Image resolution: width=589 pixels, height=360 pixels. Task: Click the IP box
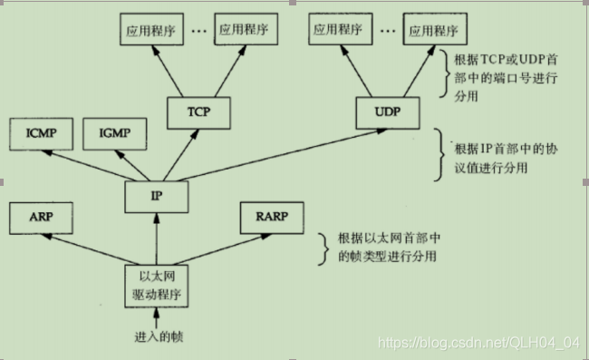coord(156,193)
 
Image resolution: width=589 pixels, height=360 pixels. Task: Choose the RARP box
coord(272,219)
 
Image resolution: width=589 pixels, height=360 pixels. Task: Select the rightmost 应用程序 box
coord(430,29)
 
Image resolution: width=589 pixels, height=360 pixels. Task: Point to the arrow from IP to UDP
coord(272,154)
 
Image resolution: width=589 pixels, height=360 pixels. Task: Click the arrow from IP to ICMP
coord(91,163)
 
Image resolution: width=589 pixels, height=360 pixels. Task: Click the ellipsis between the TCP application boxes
coord(199,29)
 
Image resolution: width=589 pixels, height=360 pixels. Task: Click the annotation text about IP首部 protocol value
coord(503,158)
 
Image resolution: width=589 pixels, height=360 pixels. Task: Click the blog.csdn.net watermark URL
coord(478,342)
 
